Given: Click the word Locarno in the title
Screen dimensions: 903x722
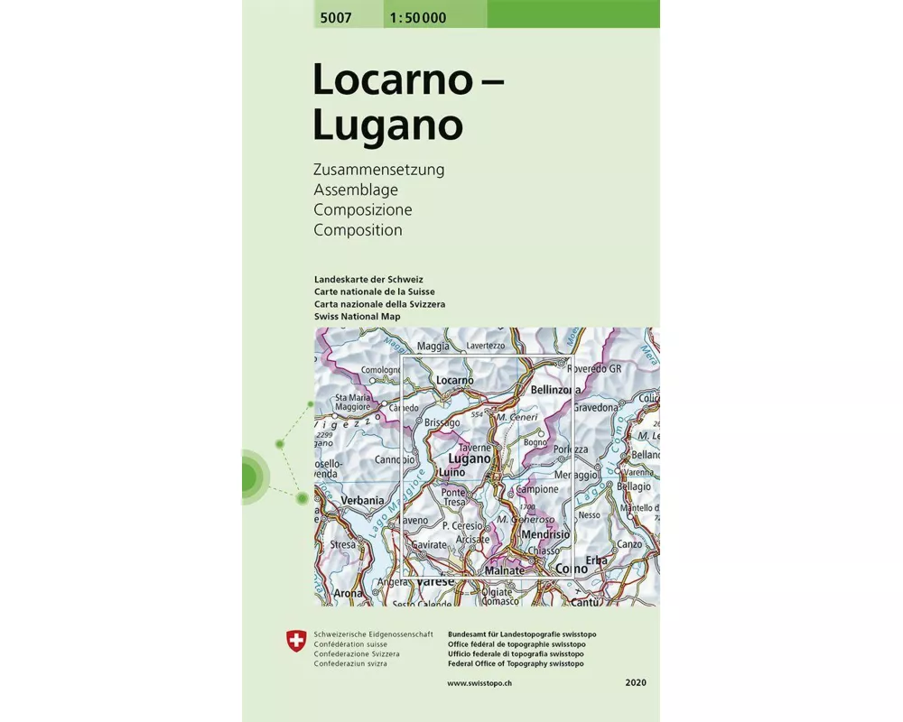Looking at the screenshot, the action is [x=393, y=80].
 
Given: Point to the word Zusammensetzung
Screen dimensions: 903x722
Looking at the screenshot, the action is [x=378, y=170].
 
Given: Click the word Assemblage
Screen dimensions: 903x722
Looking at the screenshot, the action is [x=356, y=190].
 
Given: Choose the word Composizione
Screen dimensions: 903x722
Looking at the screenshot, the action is [x=363, y=209].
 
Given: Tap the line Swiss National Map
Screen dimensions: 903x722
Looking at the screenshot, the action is [x=357, y=317].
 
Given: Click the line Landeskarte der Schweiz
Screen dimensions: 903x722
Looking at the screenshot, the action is [x=368, y=279].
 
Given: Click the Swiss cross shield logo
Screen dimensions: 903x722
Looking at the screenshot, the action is [x=294, y=642].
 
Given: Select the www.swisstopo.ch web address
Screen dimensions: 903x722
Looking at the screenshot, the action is [x=481, y=683].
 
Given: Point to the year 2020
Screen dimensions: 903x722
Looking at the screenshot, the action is [x=635, y=683].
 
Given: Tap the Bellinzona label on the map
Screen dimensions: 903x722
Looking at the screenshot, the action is [x=557, y=390].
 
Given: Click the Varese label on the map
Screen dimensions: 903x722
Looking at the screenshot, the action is [x=435, y=582].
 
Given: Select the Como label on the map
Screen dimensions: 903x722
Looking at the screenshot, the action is [x=572, y=569].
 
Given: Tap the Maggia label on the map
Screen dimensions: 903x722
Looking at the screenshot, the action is [x=433, y=346].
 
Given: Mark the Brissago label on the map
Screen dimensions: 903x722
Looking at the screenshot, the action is [x=442, y=422].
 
